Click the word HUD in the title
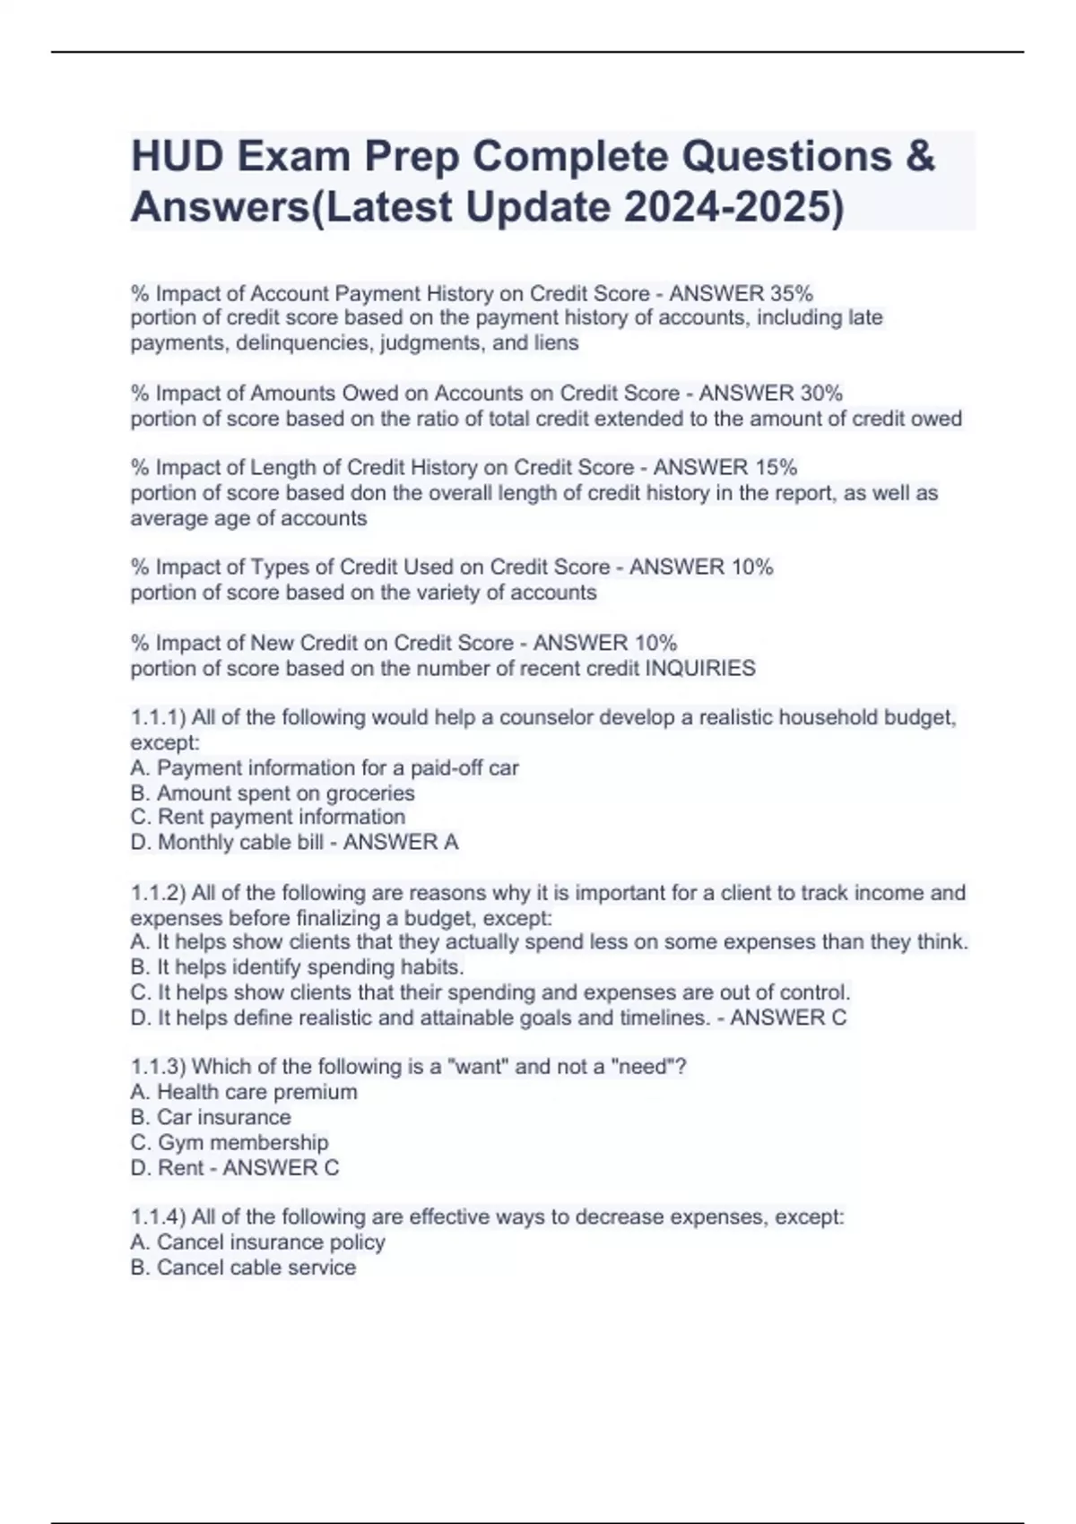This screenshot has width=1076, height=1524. tap(178, 157)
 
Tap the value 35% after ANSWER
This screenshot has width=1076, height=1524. tap(792, 293)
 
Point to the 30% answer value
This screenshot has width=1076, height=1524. tap(821, 393)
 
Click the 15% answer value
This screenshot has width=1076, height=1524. tap(776, 467)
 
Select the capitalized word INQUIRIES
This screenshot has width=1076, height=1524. tap(700, 668)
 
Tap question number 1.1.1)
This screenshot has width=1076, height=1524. tap(158, 717)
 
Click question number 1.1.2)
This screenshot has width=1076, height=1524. tap(158, 893)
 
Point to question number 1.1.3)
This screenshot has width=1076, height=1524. tap(158, 1066)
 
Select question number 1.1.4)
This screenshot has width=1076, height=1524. tap(158, 1217)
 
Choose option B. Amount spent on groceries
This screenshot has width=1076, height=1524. tap(273, 792)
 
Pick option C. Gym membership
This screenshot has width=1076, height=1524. tap(230, 1142)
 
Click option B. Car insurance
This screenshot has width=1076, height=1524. tap(211, 1117)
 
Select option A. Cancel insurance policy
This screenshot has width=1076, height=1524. tap(258, 1242)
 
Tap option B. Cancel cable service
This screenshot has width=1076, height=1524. tap(243, 1267)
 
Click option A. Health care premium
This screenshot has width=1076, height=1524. tap(244, 1092)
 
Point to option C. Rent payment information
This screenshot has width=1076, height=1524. tap(268, 817)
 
